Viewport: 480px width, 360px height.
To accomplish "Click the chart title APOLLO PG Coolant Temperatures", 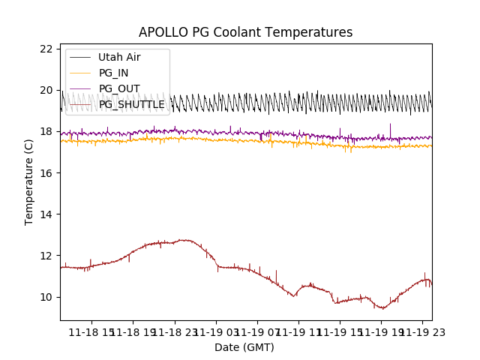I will pos(245,33).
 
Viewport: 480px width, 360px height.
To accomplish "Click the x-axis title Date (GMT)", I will pos(244,347).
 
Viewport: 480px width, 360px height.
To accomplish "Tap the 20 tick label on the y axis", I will pos(46,90).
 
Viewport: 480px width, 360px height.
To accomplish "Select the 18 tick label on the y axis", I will pos(46,131).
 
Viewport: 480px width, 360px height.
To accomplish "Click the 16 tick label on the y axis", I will pos(46,173).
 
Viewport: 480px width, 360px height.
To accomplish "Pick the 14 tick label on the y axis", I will pos(46,214).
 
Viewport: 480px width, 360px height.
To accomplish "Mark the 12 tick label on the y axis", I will pos(46,256).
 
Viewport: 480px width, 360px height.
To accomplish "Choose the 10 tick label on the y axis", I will pos(46,297).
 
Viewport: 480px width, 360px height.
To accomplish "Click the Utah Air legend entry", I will pos(119,57).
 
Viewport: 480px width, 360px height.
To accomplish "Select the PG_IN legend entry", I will pos(114,73).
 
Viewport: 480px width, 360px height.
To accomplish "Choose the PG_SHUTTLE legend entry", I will pos(131,104).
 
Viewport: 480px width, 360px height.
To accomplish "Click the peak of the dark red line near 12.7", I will pos(183,240).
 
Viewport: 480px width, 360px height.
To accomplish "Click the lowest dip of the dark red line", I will pos(383,308).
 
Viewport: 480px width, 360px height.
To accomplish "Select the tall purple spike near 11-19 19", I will pos(390,124).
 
